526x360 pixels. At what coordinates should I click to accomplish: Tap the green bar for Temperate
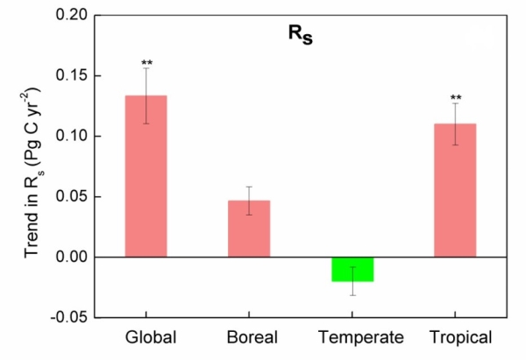(x=352, y=269)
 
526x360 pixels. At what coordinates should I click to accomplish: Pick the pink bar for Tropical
(x=455, y=193)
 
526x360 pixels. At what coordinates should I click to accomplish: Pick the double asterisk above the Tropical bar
(x=455, y=98)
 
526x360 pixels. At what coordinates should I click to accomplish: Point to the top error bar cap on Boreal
(x=249, y=187)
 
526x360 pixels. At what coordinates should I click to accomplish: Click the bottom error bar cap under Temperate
(x=352, y=295)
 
